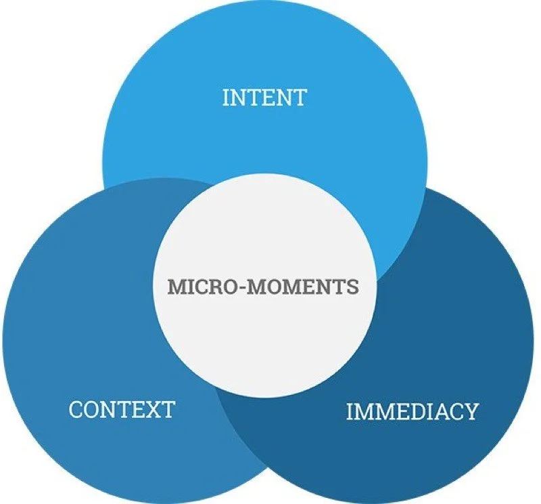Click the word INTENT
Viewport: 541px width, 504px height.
(x=264, y=98)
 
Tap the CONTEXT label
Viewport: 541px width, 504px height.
(x=122, y=409)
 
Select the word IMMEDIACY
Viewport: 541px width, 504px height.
(x=412, y=411)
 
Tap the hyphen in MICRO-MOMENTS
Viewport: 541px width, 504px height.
(x=234, y=287)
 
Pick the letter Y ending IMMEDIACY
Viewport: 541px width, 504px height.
(x=471, y=411)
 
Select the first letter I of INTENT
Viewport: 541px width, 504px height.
(x=225, y=98)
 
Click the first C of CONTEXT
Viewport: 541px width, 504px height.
(x=76, y=409)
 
